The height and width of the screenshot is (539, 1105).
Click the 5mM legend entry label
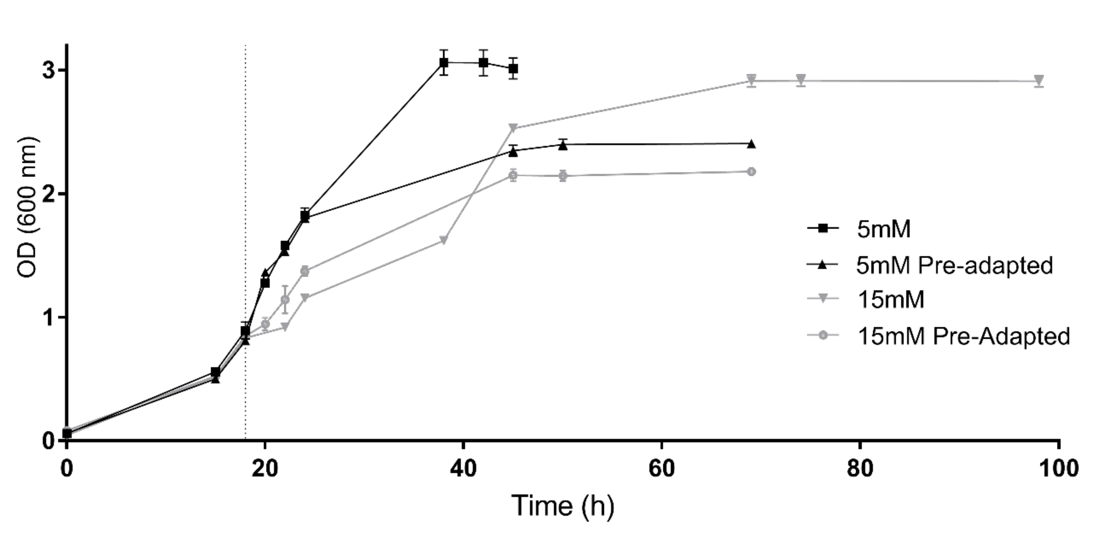pos(883,229)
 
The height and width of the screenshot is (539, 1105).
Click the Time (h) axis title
pos(563,506)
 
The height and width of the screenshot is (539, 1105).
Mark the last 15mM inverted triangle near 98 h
pos(1039,80)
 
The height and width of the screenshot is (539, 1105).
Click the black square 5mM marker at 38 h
pos(444,63)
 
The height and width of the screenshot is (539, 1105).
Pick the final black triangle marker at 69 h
pos(751,144)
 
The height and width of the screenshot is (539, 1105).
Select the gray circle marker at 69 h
pos(751,172)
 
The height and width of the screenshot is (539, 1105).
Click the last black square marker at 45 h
pos(513,69)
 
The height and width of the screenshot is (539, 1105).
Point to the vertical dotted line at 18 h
pos(245,215)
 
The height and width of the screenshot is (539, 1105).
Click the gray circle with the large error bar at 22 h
pos(285,300)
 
